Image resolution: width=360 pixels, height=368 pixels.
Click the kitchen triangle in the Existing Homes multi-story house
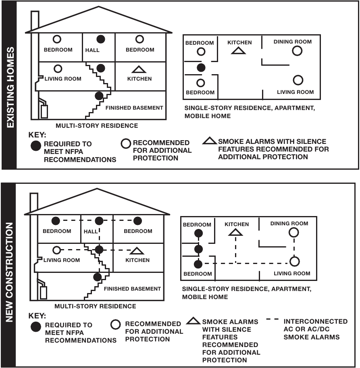point(139,70)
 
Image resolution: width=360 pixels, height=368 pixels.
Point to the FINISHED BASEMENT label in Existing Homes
point(134,108)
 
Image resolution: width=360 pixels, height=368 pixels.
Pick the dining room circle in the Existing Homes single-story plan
point(298,51)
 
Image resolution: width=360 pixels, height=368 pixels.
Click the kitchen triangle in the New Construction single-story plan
point(235,232)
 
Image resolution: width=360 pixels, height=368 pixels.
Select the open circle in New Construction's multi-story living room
point(57,250)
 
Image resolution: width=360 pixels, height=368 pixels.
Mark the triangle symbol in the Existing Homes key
point(209,141)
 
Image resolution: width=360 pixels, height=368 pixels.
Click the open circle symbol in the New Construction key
point(115,324)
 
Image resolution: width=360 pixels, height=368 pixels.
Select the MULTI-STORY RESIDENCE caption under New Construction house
point(95,306)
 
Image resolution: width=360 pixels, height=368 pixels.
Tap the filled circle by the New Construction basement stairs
point(97,277)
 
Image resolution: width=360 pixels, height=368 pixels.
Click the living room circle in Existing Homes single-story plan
point(298,80)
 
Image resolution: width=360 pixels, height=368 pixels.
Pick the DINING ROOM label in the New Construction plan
point(289,224)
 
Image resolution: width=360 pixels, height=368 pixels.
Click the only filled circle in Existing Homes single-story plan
point(200,68)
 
